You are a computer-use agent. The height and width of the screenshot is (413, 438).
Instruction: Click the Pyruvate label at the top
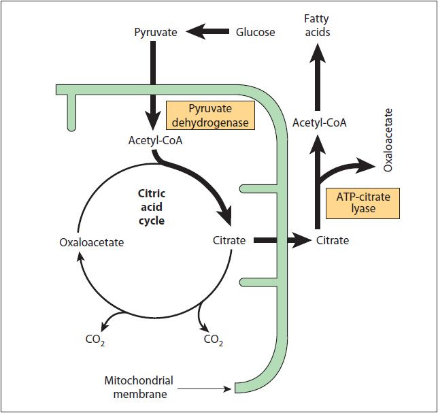click(156, 32)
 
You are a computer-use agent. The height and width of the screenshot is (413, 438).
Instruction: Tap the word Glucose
click(255, 32)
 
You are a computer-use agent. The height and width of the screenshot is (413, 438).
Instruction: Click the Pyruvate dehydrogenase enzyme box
click(210, 115)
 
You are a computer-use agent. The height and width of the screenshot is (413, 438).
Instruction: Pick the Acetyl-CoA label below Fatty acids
click(320, 123)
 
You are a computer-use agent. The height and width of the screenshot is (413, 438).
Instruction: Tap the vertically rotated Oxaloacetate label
click(388, 139)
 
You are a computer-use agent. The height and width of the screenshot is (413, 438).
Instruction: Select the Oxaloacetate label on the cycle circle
click(92, 242)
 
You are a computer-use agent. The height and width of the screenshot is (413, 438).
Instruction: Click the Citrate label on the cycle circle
click(229, 240)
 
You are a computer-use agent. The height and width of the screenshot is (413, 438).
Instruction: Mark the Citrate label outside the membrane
click(333, 240)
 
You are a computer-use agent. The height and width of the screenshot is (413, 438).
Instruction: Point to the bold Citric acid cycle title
click(151, 207)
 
